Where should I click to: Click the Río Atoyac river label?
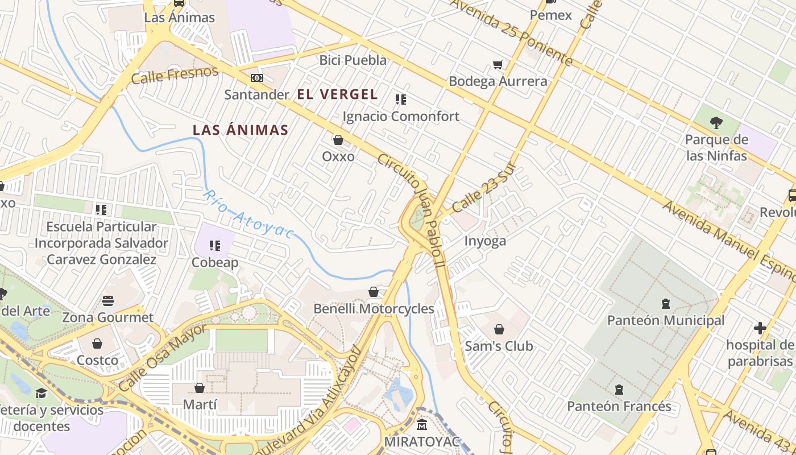249,214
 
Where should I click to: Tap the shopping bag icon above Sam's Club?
499,329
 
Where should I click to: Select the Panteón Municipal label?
666,320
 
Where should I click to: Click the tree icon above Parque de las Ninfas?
716,122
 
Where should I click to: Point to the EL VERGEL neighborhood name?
338,94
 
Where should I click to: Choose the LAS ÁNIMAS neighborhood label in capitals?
241,130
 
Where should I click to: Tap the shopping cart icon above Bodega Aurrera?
498,65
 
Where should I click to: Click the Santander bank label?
257,94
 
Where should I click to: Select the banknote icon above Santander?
257,78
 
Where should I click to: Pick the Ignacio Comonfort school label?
401,117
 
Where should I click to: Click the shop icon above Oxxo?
338,140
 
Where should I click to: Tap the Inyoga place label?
485,241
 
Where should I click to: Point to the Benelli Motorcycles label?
374,309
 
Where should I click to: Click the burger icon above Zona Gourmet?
108,301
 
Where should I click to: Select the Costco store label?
97,360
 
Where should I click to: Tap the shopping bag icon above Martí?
200,388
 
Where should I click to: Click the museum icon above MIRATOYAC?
422,425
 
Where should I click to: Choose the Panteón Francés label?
619,407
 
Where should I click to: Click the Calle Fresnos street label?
175,75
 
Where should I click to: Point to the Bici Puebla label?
353,60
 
